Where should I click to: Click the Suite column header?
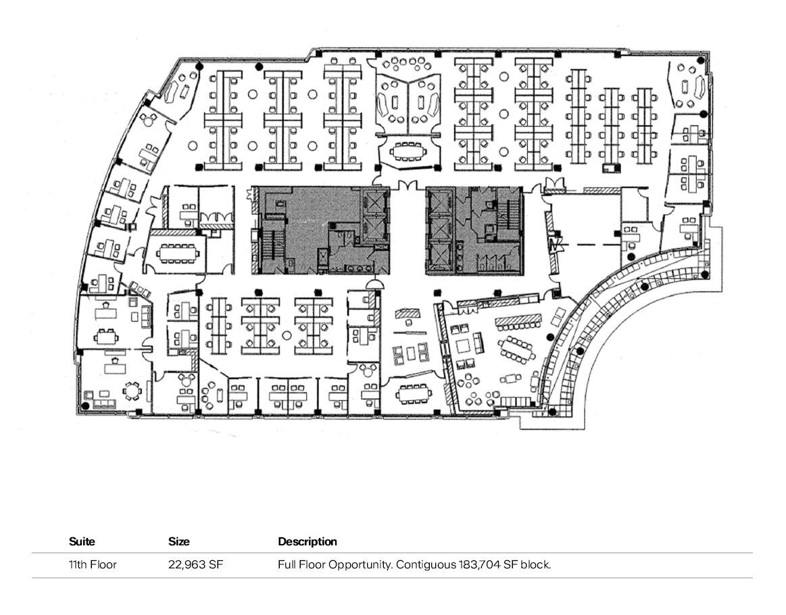pyautogui.click(x=82, y=541)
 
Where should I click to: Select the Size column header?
pyautogui.click(x=179, y=541)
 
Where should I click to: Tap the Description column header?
pyautogui.click(x=308, y=541)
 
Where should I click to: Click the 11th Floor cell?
pyautogui.click(x=93, y=564)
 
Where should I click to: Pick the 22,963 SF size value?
pyautogui.click(x=195, y=564)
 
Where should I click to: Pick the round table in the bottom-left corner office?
pyautogui.click(x=132, y=391)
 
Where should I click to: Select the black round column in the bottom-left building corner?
pyautogui.click(x=85, y=405)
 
